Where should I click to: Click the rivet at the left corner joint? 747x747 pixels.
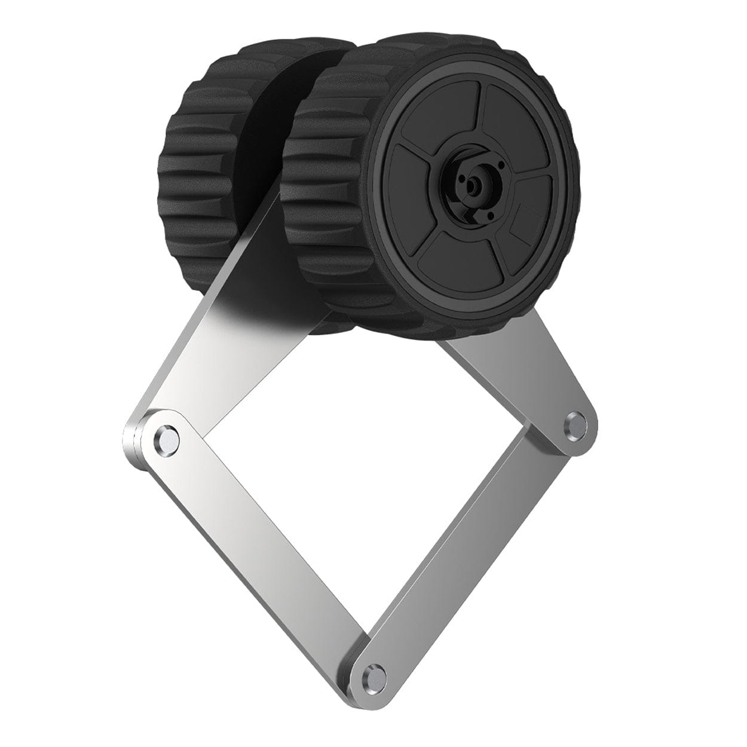tap(166, 439)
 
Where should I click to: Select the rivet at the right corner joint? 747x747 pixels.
tap(576, 423)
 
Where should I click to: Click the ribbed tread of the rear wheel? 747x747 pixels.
tap(197, 173)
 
